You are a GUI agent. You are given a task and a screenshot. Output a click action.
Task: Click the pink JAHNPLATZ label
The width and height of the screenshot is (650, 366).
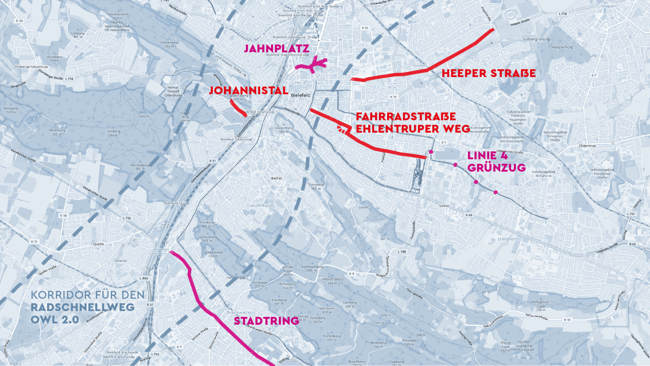[x=276, y=49]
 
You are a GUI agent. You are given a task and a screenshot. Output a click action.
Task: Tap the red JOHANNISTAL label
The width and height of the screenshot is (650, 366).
[x=248, y=91]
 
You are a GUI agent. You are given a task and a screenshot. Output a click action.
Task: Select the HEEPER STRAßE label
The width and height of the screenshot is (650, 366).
[x=489, y=73]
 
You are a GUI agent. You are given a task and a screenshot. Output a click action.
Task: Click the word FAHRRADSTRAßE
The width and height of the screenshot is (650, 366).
[x=406, y=116]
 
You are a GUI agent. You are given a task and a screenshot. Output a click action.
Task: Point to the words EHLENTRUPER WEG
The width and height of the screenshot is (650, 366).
[x=413, y=128]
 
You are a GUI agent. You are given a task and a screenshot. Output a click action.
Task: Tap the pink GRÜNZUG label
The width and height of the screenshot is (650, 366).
[x=496, y=167]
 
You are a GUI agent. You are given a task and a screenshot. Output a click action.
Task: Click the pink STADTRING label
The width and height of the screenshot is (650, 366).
[x=266, y=321]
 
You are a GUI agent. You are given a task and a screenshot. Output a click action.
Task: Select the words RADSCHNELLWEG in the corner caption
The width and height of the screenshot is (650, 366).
[x=83, y=307]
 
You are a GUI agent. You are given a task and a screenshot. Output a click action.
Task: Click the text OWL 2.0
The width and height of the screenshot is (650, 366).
[x=55, y=320]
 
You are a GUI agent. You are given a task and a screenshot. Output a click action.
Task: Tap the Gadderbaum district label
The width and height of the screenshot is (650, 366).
[x=261, y=205]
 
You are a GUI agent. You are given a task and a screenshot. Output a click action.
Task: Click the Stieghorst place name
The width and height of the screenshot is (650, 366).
[x=508, y=239]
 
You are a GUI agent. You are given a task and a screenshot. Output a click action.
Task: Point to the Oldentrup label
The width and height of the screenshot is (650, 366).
[x=587, y=146]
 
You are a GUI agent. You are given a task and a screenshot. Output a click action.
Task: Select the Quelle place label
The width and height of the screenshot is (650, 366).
[x=98, y=244]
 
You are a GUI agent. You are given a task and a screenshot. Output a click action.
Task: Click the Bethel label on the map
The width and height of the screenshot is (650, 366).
[x=277, y=178]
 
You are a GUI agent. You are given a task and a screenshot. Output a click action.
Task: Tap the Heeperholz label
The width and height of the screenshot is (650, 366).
[x=562, y=47]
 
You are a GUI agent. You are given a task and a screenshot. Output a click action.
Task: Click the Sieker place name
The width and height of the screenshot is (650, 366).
[x=444, y=206]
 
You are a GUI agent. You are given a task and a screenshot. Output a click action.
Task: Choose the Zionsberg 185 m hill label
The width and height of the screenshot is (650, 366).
[x=316, y=186]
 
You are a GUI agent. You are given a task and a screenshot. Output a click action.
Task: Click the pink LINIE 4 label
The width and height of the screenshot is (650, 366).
[x=487, y=155]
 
